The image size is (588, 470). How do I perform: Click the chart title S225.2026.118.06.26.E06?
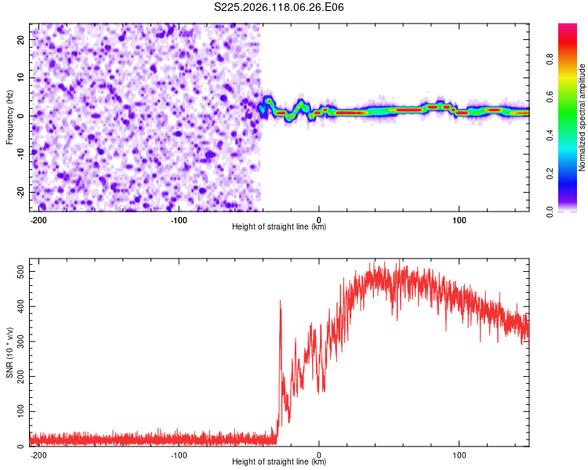point(278,7)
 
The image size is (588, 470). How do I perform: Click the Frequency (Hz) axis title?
point(9,117)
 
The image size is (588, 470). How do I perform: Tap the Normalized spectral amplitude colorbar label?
point(582,117)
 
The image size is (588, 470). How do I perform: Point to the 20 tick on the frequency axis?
point(20,40)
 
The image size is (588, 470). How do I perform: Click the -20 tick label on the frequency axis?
point(20,192)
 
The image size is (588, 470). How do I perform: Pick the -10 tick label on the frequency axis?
point(20,154)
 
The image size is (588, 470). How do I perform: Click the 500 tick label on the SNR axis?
point(20,271)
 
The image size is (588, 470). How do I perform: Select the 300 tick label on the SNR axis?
point(20,342)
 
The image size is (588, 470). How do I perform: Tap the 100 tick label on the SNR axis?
point(20,411)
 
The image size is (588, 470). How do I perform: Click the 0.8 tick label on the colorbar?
point(550,60)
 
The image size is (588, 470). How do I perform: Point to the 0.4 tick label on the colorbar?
point(550,136)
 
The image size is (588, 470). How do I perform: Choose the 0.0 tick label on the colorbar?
point(550,211)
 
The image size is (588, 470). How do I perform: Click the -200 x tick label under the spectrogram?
point(38,220)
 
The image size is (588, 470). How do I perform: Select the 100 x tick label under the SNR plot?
point(459,455)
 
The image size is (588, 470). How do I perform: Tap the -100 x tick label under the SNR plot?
point(178,455)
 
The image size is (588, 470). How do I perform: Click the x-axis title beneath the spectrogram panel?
point(279,226)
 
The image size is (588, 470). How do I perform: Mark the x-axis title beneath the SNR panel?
point(279,461)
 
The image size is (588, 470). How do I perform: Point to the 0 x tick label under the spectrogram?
point(319,220)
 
